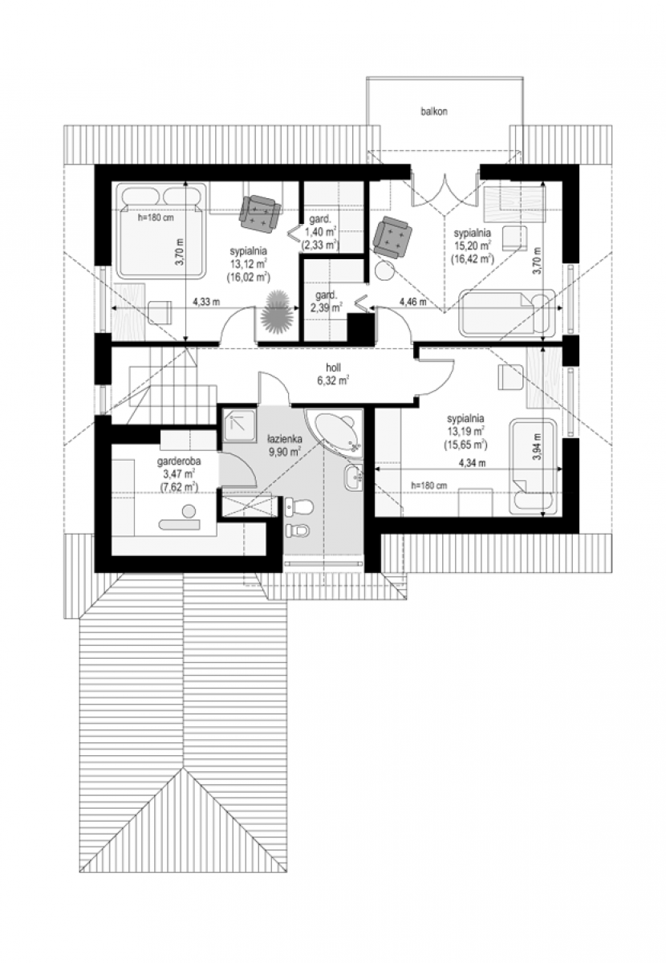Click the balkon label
click(x=434, y=111)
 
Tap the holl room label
click(x=333, y=368)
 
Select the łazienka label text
click(x=284, y=439)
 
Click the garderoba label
click(x=179, y=461)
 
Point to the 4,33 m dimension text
click(x=206, y=302)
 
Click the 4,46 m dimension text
click(x=412, y=302)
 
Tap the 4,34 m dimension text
click(x=472, y=463)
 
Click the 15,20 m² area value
click(x=472, y=246)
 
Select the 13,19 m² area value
click(x=465, y=430)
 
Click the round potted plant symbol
click(x=278, y=312)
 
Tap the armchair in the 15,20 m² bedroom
click(x=392, y=237)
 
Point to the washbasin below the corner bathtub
click(x=353, y=477)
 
